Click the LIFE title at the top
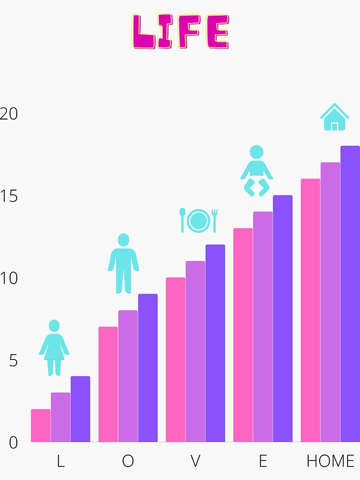tap(180, 32)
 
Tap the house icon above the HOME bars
tap(335, 118)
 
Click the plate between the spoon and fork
tap(198, 220)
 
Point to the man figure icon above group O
tap(123, 264)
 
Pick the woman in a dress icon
tap(54, 348)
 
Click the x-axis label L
tap(60, 461)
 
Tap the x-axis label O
tap(128, 461)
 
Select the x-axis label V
tap(195, 461)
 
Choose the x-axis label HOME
tap(330, 461)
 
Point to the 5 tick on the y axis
tap(13, 360)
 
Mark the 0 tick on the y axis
tap(13, 443)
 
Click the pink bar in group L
tap(41, 426)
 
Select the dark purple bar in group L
tap(80, 409)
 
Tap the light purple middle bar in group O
tap(128, 376)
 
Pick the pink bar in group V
tap(176, 360)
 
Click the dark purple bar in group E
tap(283, 319)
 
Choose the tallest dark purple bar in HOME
tap(350, 294)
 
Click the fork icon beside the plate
tap(215, 220)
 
